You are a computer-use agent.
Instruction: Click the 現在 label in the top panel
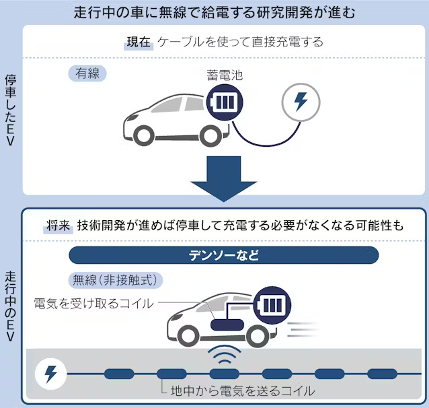(139, 42)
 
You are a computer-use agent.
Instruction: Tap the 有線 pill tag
(87, 73)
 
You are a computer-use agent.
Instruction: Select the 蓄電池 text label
(225, 75)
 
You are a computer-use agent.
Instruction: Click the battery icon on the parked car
(225, 102)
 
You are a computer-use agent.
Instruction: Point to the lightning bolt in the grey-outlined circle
(301, 102)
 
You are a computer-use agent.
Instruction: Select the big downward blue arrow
(224, 178)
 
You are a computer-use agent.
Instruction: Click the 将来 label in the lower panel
(58, 226)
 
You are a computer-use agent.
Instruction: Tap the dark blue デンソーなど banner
(223, 255)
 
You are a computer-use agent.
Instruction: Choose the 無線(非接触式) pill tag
(115, 280)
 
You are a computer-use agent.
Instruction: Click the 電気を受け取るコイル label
(93, 304)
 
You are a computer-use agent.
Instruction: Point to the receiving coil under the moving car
(227, 325)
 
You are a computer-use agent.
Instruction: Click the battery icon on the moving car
(272, 305)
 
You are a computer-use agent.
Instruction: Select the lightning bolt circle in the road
(51, 374)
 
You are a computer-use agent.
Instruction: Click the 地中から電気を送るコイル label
(243, 391)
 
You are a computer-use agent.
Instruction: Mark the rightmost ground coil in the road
(382, 374)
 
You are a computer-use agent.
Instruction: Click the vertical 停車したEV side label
(10, 110)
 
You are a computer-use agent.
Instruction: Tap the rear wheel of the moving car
(256, 335)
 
